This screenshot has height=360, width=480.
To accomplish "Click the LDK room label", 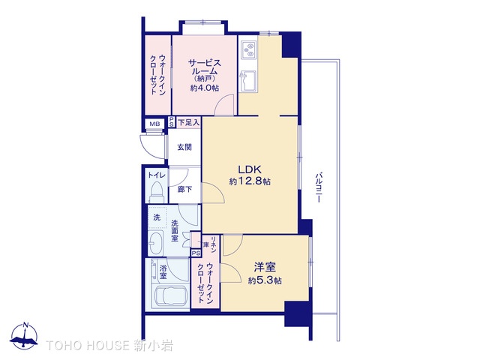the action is point(250,169).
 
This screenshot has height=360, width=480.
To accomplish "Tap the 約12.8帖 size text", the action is point(250,181).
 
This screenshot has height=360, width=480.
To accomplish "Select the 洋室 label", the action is point(265,267).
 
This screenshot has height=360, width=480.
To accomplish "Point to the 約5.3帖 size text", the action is point(265,280).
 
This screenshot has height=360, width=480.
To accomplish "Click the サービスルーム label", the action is point(204,67).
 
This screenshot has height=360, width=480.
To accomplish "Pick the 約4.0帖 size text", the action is point(205,88).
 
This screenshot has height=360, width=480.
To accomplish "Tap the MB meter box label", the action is point(154,124).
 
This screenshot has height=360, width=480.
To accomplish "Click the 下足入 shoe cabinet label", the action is point(188,123).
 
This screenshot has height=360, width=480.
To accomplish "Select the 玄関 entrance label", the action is point(184,147).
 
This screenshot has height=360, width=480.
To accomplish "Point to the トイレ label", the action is point(157,175).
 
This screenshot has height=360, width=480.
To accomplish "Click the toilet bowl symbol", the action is point(157,192).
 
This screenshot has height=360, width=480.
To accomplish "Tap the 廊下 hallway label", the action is point(185,190).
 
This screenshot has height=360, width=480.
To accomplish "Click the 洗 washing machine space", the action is point(157,217).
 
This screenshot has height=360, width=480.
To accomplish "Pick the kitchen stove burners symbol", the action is point(248,50).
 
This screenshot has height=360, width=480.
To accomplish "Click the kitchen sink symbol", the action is point(247,81).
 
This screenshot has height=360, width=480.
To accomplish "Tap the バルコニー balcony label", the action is point(318,187).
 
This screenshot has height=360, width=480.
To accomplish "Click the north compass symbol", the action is point(24,336).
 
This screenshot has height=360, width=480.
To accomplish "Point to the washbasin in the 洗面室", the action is point(154,243).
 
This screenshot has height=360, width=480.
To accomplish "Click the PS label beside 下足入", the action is point(172,121).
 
